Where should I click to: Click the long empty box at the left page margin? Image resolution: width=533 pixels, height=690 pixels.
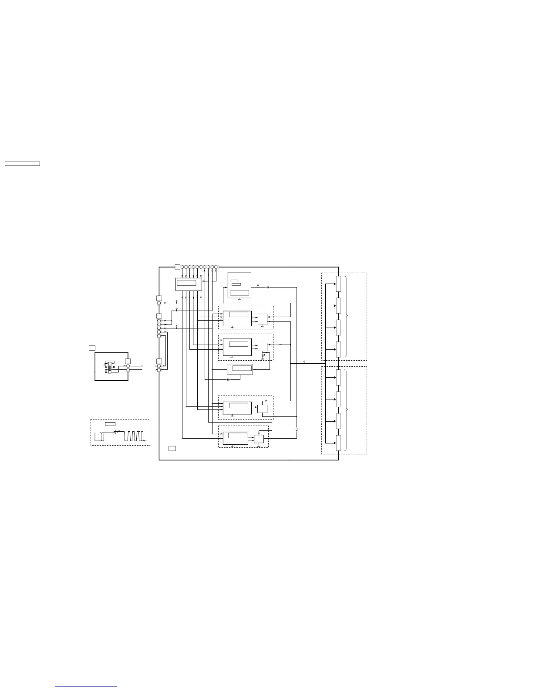point(22,164)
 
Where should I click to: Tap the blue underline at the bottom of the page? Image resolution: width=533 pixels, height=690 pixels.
point(86,687)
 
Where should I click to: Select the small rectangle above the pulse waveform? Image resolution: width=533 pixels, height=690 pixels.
point(110,424)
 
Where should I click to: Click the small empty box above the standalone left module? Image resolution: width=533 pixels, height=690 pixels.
point(92,348)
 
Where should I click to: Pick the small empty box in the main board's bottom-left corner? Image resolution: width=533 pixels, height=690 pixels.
point(172,448)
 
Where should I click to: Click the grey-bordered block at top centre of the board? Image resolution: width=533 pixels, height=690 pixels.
point(240,285)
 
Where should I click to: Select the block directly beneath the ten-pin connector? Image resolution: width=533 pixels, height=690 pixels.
point(189,284)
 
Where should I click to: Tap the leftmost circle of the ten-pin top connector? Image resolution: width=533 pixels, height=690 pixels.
point(182,267)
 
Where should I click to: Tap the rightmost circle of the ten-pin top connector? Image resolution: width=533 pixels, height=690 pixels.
point(216,267)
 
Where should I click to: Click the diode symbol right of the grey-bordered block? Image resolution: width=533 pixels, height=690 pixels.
point(267,287)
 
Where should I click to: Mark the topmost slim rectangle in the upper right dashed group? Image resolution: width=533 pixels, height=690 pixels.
point(338,284)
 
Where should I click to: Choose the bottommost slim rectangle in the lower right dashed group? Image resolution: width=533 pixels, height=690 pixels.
point(338,443)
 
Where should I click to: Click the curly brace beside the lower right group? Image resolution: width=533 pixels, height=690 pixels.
point(346,410)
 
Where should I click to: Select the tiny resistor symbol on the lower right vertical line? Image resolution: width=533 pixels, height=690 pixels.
point(297,429)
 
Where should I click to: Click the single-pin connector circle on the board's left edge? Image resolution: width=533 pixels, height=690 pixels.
point(159,303)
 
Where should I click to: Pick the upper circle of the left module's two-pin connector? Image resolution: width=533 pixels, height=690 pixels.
point(128,366)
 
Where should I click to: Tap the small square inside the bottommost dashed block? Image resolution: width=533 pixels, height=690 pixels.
point(259,439)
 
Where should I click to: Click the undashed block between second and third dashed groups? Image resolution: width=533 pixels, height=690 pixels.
point(240,369)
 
